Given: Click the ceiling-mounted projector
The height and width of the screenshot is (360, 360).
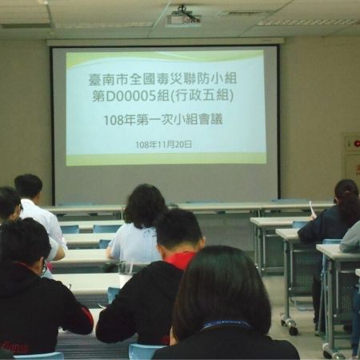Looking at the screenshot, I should (183, 16).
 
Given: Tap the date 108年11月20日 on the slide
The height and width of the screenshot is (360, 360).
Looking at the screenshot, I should (164, 144).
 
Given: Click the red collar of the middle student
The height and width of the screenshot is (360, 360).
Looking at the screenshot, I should (182, 261).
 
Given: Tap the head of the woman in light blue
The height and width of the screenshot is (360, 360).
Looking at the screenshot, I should (145, 206).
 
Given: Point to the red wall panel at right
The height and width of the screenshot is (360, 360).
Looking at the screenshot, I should (351, 144).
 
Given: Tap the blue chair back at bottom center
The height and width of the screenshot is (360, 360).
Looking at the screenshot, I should (144, 351).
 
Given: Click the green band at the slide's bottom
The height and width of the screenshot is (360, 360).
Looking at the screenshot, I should (166, 158).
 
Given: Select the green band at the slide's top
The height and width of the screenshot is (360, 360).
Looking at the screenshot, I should (166, 58).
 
